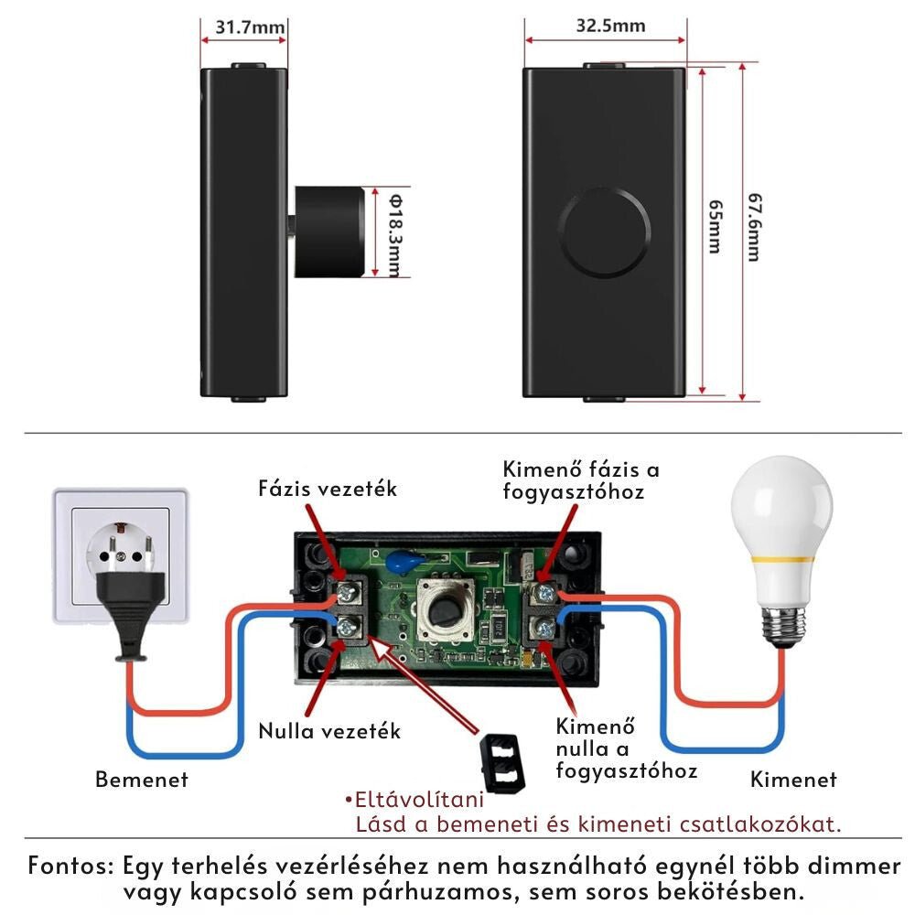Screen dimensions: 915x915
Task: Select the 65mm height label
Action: (x=714, y=229)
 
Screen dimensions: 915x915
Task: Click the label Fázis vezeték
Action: (x=328, y=490)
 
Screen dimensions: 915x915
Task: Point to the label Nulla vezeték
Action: (x=329, y=731)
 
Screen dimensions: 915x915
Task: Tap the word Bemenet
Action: (x=142, y=780)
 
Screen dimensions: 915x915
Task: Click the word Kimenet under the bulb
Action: (x=793, y=780)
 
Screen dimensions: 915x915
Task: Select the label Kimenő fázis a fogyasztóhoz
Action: (x=581, y=480)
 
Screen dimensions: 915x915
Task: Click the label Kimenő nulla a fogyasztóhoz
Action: (x=626, y=749)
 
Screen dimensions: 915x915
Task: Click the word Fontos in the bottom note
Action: (x=70, y=865)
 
